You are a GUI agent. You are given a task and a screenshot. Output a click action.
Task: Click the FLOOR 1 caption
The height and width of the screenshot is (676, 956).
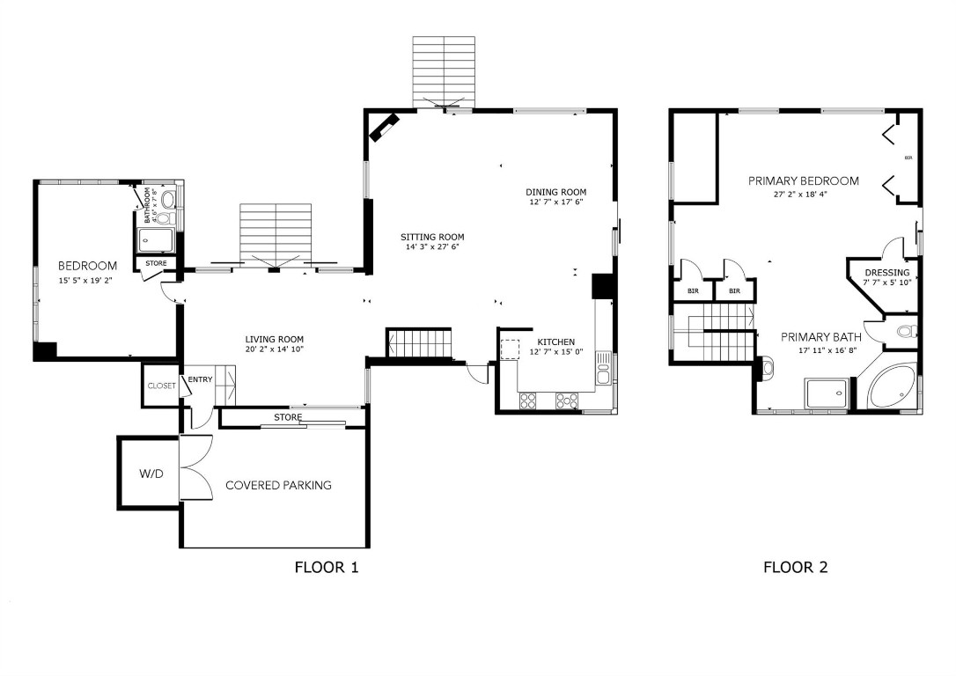[x=326, y=567]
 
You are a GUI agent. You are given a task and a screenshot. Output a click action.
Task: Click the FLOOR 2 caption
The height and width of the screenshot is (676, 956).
[x=795, y=567]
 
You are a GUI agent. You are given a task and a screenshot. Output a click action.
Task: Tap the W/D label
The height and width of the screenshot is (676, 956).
[x=151, y=474]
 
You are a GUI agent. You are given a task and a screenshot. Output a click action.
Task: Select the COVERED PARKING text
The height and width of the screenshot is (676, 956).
[x=278, y=485]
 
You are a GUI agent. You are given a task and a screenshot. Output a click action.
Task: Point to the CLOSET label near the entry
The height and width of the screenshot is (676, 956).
[x=162, y=386]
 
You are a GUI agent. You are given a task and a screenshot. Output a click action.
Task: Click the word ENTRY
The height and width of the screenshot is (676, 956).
[x=200, y=379]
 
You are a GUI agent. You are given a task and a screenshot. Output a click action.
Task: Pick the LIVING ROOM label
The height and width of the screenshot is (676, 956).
[x=274, y=339]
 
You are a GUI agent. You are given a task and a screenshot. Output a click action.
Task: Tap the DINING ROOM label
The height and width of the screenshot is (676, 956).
[x=555, y=192]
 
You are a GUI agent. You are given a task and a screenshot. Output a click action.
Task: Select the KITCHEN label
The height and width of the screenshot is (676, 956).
[x=555, y=342]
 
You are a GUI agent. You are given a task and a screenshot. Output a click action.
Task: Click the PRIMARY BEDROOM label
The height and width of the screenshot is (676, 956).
[x=803, y=181]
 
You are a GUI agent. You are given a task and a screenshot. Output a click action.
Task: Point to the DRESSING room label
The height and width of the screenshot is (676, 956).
[x=886, y=273]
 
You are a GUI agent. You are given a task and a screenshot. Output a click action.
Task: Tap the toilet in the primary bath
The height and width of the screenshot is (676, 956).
[x=904, y=332]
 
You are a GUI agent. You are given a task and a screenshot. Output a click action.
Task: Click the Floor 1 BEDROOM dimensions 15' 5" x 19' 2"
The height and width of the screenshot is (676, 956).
[x=86, y=282]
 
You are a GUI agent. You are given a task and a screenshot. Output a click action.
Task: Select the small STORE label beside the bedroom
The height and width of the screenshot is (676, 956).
[x=156, y=262]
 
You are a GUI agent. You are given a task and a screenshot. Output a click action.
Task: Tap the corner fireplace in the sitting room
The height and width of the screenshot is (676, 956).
[x=385, y=128]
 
